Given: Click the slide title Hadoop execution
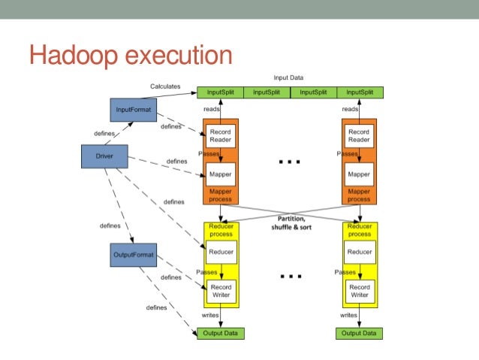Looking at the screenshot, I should [x=130, y=56].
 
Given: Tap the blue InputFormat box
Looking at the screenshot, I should [x=133, y=110].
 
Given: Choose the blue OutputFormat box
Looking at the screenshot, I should [x=133, y=255].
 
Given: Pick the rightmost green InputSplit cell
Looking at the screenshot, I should [x=360, y=92].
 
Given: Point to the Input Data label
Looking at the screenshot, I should [x=289, y=78].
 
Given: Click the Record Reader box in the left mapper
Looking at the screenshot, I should [x=220, y=136].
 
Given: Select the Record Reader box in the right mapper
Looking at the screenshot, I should [x=359, y=136].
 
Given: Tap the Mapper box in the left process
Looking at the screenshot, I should [x=220, y=174].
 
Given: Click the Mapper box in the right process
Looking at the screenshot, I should [x=359, y=174].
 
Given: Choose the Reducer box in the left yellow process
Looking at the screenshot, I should [x=220, y=252].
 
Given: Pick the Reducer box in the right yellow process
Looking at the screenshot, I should [x=359, y=252].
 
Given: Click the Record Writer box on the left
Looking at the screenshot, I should [x=220, y=291].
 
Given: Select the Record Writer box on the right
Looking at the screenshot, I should [x=359, y=291].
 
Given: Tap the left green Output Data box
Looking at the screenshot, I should [x=220, y=333].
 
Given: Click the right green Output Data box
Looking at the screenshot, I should [x=359, y=333].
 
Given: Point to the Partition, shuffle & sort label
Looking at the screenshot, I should [x=289, y=223].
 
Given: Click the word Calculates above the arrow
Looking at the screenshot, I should [x=165, y=86].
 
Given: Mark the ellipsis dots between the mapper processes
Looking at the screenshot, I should [x=289, y=161].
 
